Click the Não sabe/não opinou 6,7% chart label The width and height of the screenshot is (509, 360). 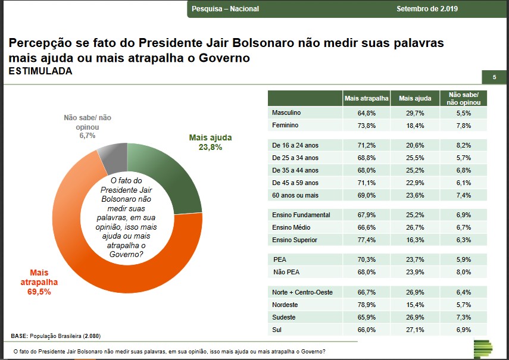point(87,127)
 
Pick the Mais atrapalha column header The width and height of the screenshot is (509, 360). point(367,98)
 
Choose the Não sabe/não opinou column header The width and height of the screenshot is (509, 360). point(464,98)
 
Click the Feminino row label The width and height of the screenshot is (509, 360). point(285,126)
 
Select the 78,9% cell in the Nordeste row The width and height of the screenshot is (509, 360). point(367,305)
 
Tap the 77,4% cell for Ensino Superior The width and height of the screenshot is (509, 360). point(367,240)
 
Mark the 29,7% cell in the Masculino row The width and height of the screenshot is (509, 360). point(415,112)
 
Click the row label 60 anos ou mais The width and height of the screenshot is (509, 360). point(295,195)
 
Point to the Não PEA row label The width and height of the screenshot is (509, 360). point(286,272)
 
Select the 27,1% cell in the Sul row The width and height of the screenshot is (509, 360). point(415,329)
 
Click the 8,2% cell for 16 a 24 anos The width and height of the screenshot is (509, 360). point(464,145)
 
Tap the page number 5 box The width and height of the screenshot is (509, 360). point(494,77)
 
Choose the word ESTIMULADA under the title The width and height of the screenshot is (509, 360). point(40,71)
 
